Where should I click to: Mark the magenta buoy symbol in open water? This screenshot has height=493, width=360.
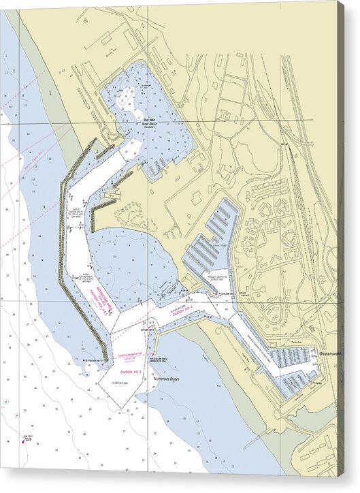[22, 441]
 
